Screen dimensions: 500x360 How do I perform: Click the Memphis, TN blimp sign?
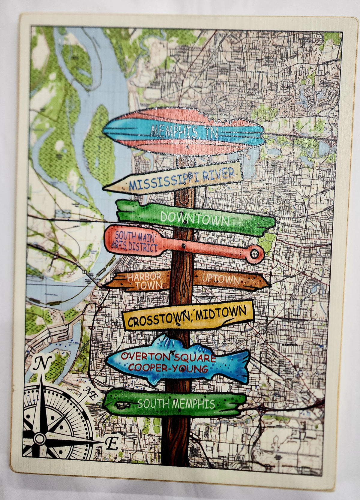[x=184, y=131]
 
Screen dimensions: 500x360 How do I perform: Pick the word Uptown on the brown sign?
[x=221, y=279]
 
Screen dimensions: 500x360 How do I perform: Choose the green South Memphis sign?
[x=175, y=403]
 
